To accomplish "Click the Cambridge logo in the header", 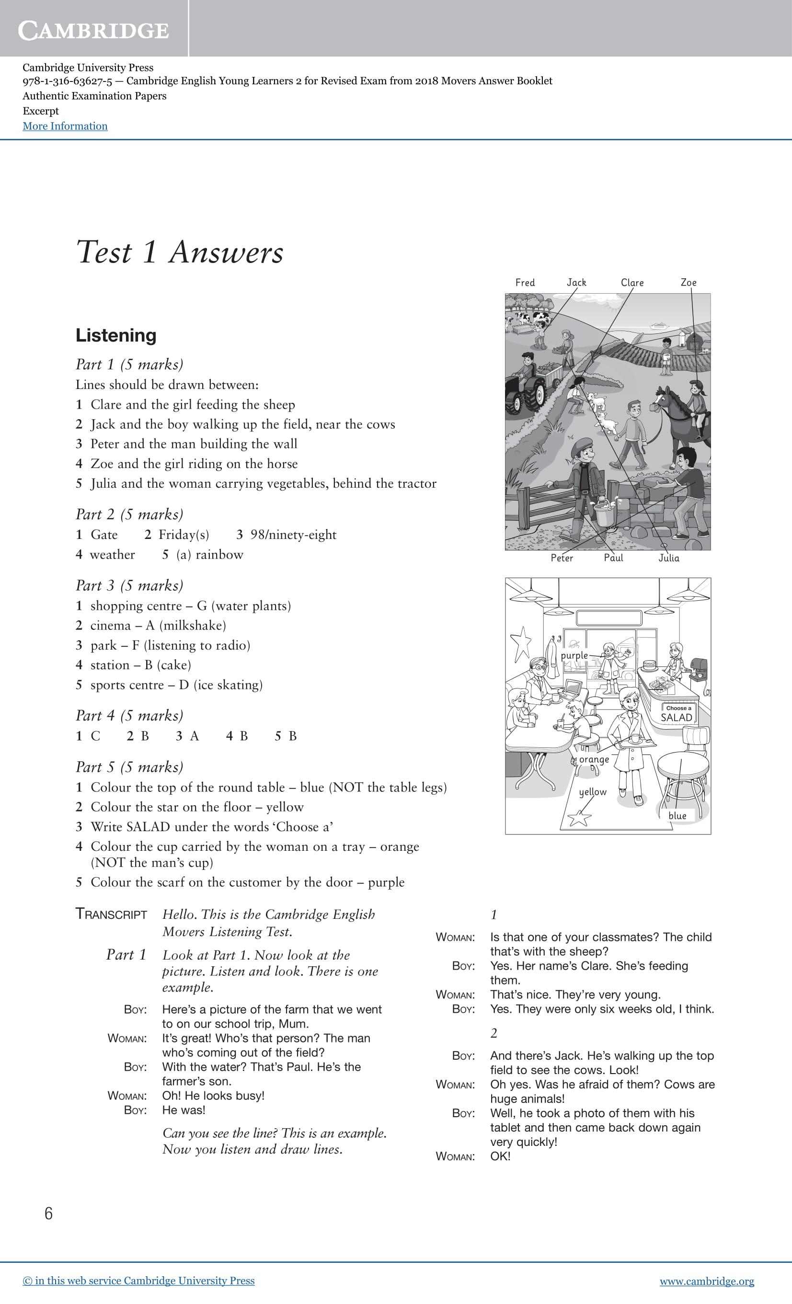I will pos(94,30).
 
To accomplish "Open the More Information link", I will pos(65,126).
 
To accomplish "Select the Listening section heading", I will pos(116,335).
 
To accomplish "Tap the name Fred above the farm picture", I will pos(525,283).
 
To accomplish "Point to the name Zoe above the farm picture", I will pos(688,283).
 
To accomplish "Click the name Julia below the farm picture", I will pos(669,558).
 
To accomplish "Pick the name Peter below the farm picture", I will pos(562,558).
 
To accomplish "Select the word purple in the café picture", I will pos(574,655).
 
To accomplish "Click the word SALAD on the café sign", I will pos(677,718).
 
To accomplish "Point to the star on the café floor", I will pos(579,818).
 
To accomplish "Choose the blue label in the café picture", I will pos(677,815).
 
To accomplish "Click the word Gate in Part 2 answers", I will pos(104,535).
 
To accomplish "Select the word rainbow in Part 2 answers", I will pos(219,555).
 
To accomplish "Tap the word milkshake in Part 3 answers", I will pos(193,626).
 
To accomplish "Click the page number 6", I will pos(49,1213).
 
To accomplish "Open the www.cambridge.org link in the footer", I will pos(707,1281).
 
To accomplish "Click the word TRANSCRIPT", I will pos(111,915).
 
